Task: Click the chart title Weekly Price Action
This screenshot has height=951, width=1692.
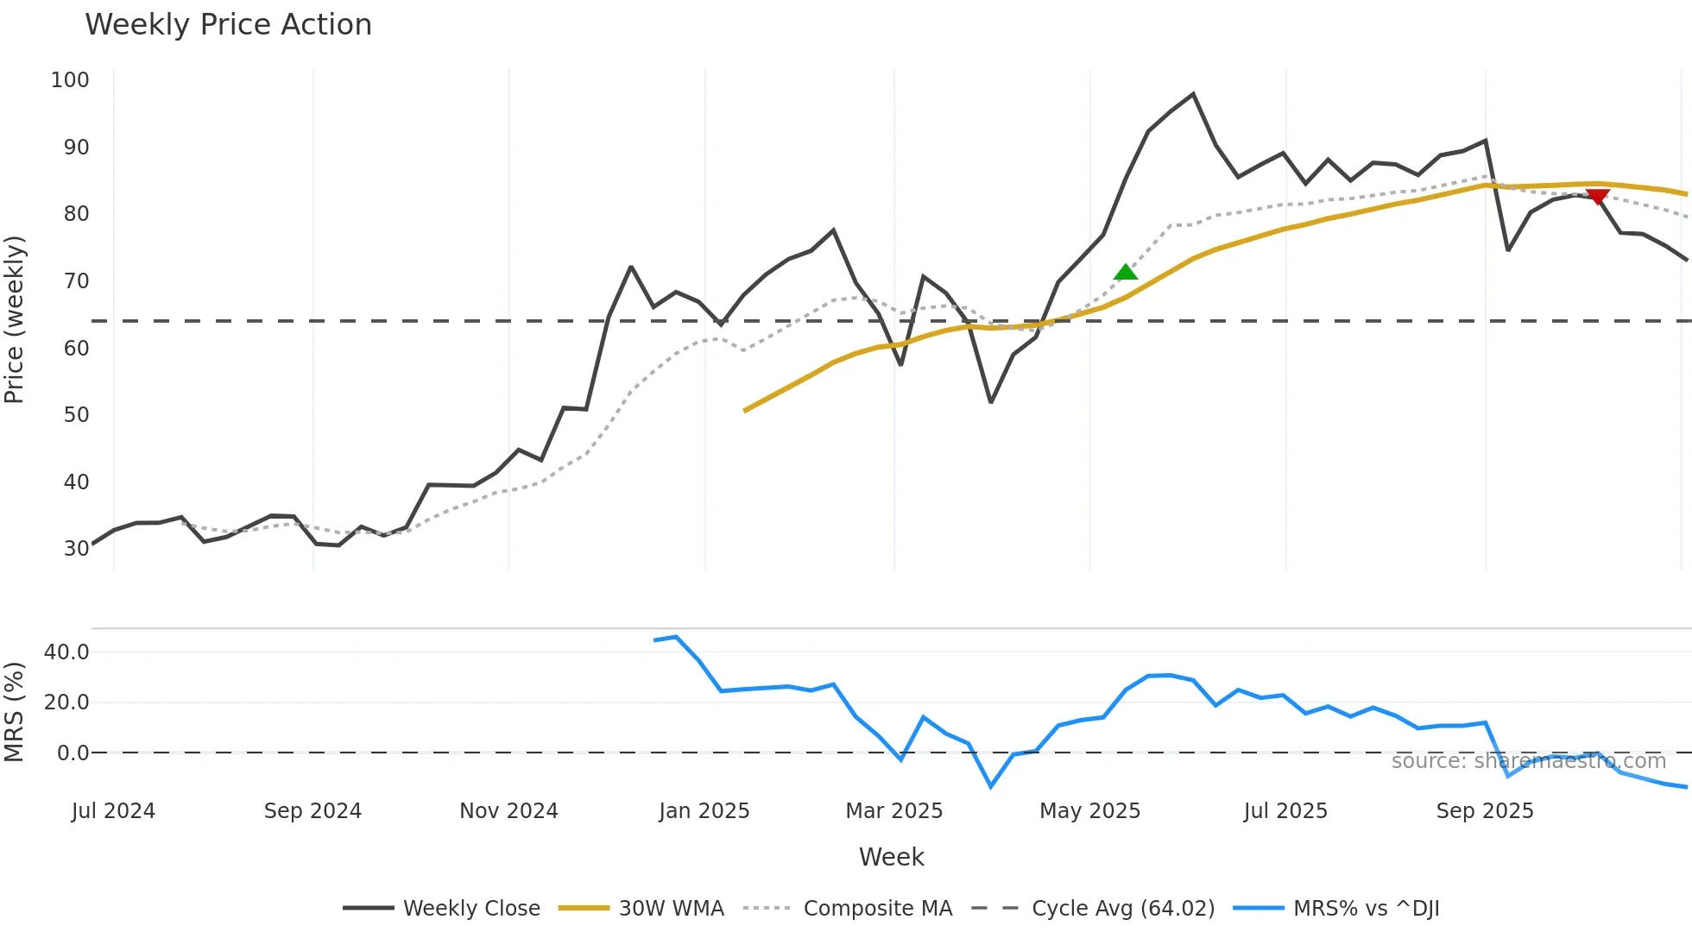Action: click(228, 25)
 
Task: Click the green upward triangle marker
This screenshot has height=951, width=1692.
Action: click(1126, 273)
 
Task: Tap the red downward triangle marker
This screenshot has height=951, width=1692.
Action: click(1598, 197)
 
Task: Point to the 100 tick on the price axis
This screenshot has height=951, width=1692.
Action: click(70, 80)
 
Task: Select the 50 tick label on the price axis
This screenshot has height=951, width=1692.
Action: click(76, 415)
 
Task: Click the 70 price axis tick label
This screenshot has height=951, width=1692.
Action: click(76, 281)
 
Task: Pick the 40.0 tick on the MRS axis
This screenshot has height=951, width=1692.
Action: click(66, 652)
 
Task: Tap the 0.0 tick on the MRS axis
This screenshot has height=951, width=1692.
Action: click(73, 753)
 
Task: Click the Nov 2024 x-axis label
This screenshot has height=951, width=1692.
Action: click(508, 811)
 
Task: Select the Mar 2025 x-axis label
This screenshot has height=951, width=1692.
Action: click(893, 811)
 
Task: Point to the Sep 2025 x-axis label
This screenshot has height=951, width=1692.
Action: click(1485, 811)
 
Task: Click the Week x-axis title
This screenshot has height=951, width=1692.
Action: click(891, 857)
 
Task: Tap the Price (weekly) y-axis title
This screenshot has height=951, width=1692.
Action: click(15, 319)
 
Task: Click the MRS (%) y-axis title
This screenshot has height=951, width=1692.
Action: click(15, 712)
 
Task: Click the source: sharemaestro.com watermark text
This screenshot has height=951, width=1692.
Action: click(1528, 761)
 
